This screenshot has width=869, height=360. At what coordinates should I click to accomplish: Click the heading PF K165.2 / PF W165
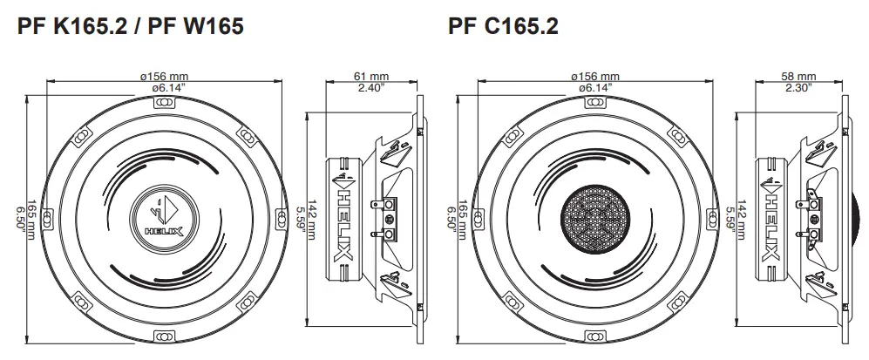click(x=130, y=27)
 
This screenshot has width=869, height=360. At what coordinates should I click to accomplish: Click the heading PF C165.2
click(x=503, y=27)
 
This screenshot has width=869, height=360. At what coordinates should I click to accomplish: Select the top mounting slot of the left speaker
click(x=162, y=102)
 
